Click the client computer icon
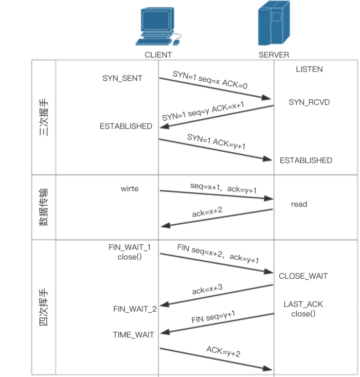pyautogui.click(x=158, y=26)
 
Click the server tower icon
pyautogui.click(x=273, y=25)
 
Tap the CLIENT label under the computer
pyautogui.click(x=158, y=55)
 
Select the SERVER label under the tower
pyautogui.click(x=274, y=55)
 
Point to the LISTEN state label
pyautogui.click(x=309, y=69)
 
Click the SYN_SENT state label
pyautogui.click(x=122, y=78)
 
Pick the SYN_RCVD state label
pyautogui.click(x=309, y=102)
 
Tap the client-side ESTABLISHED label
pyautogui.click(x=126, y=126)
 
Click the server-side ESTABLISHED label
pyautogui.click(x=306, y=160)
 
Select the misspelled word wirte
pyautogui.click(x=129, y=189)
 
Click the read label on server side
pyautogui.click(x=299, y=204)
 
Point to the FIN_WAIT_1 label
pyautogui.click(x=130, y=247)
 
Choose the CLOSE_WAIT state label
pyautogui.click(x=303, y=276)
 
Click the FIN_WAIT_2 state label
pyautogui.click(x=135, y=309)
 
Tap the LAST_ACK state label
pyautogui.click(x=303, y=304)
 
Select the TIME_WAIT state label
pyautogui.click(x=134, y=335)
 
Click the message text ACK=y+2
pyautogui.click(x=223, y=352)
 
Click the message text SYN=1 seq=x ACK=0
pyautogui.click(x=210, y=80)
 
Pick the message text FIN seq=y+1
pyautogui.click(x=213, y=316)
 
